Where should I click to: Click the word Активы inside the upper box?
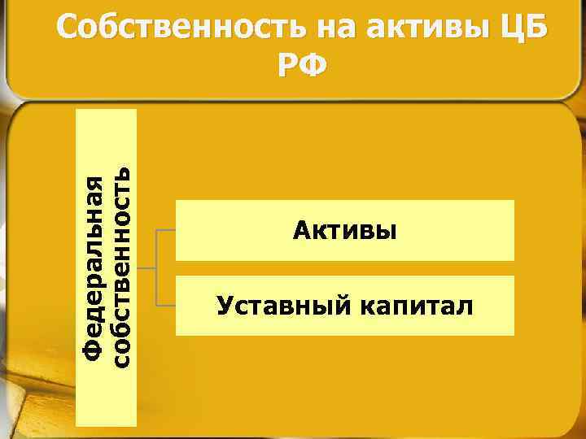[345, 231]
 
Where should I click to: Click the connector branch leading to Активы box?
[165, 231]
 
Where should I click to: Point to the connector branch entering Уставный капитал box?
[165, 306]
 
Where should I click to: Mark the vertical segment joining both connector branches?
[155, 268]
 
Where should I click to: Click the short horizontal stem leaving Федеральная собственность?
[146, 268]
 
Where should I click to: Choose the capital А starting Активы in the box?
[301, 231]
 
